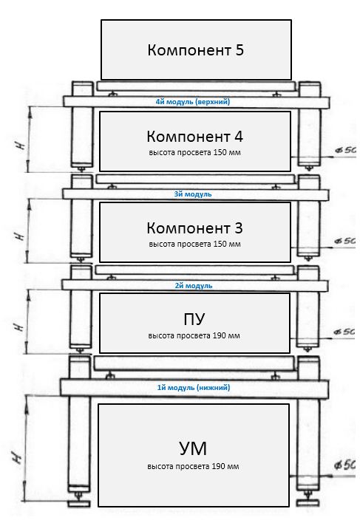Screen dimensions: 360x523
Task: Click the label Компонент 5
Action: (x=195, y=50)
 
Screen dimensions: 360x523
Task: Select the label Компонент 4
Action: (x=195, y=137)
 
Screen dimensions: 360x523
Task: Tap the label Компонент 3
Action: (x=195, y=228)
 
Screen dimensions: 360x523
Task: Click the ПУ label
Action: (x=194, y=319)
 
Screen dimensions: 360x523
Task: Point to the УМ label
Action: (x=193, y=448)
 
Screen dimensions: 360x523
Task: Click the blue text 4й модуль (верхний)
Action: (x=193, y=102)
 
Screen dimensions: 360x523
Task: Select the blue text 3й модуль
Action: (x=193, y=194)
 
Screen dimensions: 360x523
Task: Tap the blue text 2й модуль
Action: (x=194, y=286)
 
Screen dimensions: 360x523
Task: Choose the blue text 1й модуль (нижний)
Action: (x=194, y=388)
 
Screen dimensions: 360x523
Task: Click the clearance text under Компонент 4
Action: (x=195, y=153)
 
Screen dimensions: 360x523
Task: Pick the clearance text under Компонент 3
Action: (x=195, y=245)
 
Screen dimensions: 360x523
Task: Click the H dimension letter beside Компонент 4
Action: (x=21, y=146)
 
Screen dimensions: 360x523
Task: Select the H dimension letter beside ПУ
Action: (x=20, y=327)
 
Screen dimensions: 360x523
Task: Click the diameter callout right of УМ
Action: (x=344, y=465)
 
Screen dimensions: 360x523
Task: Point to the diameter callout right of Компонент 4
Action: (x=345, y=150)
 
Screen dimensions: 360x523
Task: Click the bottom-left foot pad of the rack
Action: (x=79, y=503)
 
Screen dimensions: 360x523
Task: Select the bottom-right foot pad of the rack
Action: (x=308, y=503)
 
